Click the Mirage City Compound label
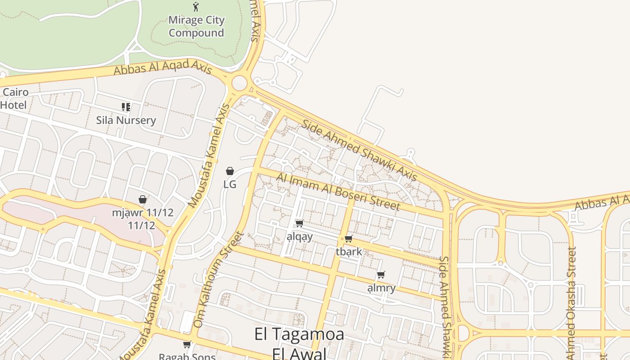(196, 27)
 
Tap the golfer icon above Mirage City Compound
(196, 7)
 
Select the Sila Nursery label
(126, 120)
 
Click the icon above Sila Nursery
(126, 107)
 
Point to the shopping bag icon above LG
(230, 171)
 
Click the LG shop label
(230, 184)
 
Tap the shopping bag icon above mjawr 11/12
(143, 199)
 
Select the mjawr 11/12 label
(142, 219)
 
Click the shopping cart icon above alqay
(299, 223)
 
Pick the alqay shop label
(299, 237)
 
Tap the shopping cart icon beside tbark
(348, 238)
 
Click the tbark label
(349, 252)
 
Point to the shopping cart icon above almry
(381, 274)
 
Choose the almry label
(381, 288)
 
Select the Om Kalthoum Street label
(218, 279)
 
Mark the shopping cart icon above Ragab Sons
(187, 345)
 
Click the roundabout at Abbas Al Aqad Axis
(239, 83)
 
